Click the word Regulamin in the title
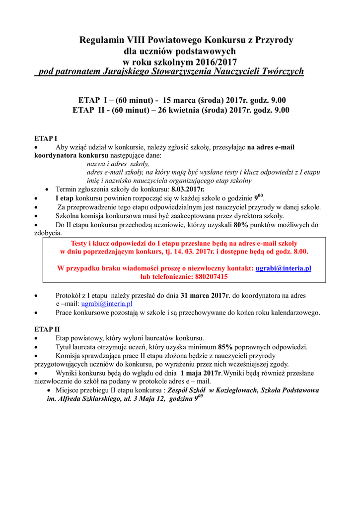98,40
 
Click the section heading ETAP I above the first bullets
45,137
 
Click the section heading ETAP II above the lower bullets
47,329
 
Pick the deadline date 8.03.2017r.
188,190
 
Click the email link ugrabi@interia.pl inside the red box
283,268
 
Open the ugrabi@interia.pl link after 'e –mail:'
107,304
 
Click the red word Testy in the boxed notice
81,243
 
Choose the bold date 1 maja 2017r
201,373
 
